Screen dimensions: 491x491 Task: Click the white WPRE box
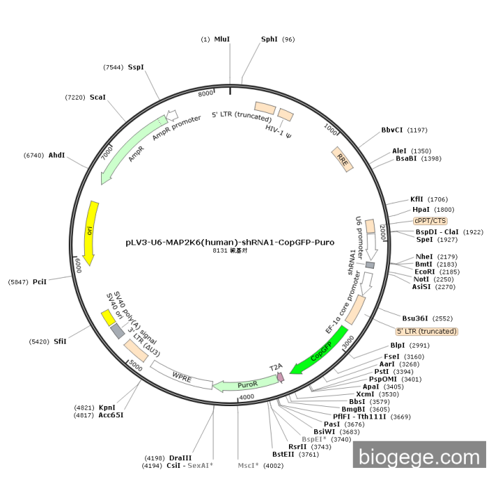click(x=182, y=375)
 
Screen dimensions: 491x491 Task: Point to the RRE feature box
click(x=342, y=159)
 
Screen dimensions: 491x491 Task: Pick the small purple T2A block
click(x=281, y=377)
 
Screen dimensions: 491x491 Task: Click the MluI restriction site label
click(x=222, y=39)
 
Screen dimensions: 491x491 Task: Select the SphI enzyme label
click(x=269, y=39)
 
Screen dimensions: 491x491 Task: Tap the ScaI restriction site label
click(x=97, y=97)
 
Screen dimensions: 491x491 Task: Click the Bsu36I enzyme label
click(x=415, y=318)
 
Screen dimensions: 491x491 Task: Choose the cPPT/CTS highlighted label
click(x=430, y=221)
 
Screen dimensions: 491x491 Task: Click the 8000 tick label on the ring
click(x=206, y=93)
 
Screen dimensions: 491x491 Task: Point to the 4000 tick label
click(x=247, y=397)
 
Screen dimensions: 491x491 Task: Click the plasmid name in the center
click(x=230, y=243)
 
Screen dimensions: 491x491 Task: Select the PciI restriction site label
click(x=39, y=282)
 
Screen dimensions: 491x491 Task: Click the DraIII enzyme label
click(x=180, y=458)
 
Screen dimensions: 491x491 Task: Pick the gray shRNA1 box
click(x=370, y=265)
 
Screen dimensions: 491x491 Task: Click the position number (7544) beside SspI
click(x=114, y=67)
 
